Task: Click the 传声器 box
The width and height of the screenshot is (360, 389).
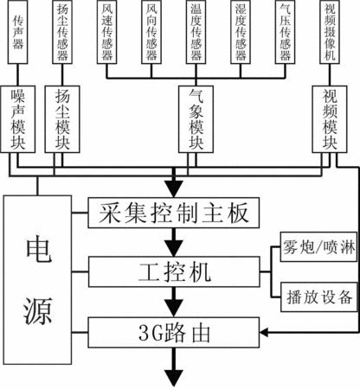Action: point(17,32)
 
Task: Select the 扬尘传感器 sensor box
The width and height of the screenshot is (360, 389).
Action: point(62,32)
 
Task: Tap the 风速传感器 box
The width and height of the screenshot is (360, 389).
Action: point(106,32)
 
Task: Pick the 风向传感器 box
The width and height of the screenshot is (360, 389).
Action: point(151,32)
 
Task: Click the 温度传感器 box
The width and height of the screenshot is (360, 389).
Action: point(196,32)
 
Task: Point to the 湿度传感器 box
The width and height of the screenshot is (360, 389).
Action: point(241,32)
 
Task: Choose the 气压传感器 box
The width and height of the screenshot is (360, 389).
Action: point(285,32)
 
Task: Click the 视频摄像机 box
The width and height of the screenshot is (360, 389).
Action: point(330,32)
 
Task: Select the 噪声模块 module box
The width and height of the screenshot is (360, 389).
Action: point(18,119)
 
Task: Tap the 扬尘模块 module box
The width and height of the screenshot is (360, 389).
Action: point(62,119)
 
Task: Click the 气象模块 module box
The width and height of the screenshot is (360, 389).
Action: point(196,119)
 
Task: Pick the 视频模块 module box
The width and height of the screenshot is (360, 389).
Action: point(330,119)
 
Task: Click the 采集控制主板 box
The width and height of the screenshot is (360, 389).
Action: point(174,213)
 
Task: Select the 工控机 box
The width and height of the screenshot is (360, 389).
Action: point(174,271)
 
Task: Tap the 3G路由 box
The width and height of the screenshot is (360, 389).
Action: point(174,332)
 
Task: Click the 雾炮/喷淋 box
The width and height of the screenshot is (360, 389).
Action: point(318,247)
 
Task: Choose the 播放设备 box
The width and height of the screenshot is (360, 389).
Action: point(318,297)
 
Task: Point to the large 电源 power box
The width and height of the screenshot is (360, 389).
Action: point(37,280)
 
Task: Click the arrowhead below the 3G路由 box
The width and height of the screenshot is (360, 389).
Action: point(174,378)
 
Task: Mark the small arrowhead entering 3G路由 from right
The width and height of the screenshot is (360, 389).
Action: point(264,333)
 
